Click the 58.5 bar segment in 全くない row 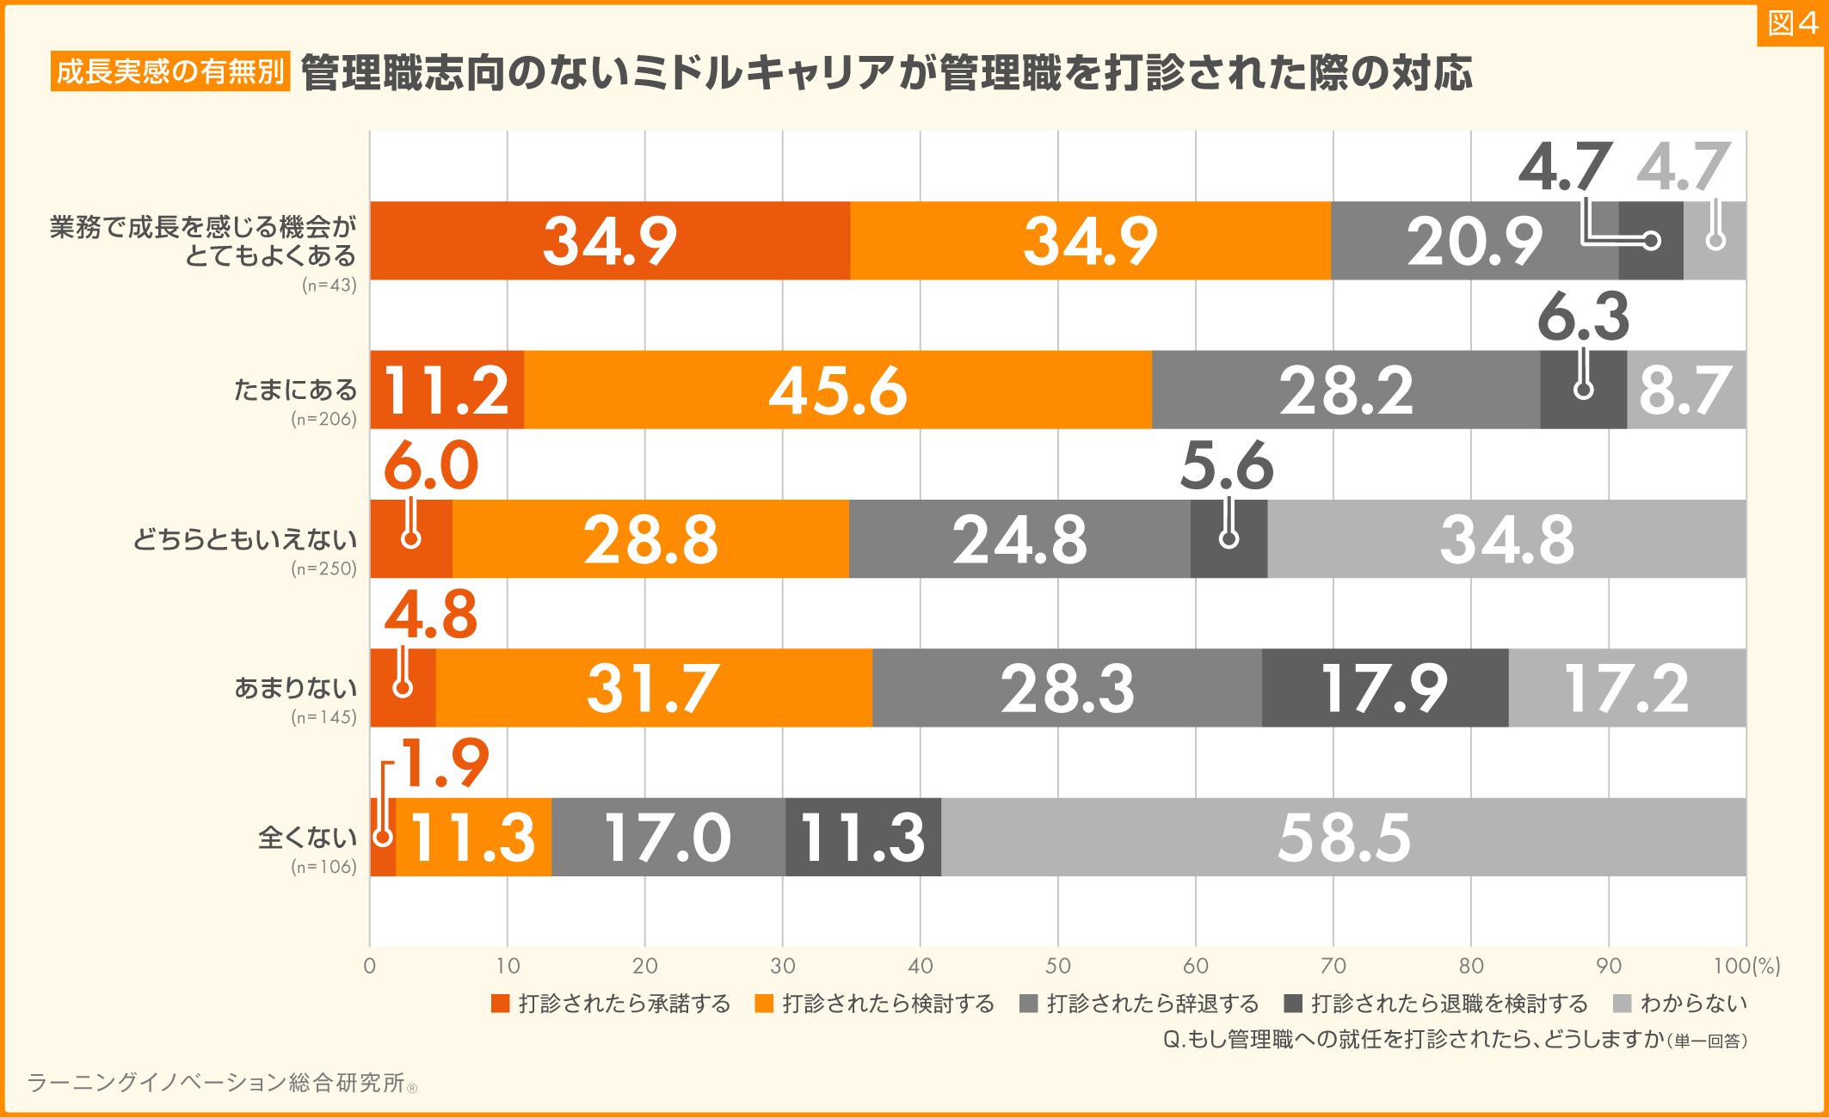click(1343, 837)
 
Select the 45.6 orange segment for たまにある click(837, 390)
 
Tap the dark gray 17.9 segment click(1384, 688)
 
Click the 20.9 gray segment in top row click(1474, 241)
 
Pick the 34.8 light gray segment click(1506, 539)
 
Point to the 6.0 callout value click(430, 466)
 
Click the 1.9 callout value click(444, 763)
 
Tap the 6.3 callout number click(1583, 316)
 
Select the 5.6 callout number click(1226, 466)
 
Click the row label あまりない click(295, 688)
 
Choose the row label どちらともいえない click(244, 539)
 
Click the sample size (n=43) click(329, 286)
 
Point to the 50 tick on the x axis click(1057, 966)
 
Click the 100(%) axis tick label click(1746, 966)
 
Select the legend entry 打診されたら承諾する click(612, 1004)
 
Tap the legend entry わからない click(1681, 1004)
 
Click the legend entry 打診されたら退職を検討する click(1437, 1004)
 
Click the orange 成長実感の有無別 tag click(170, 71)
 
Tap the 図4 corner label click(1792, 24)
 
